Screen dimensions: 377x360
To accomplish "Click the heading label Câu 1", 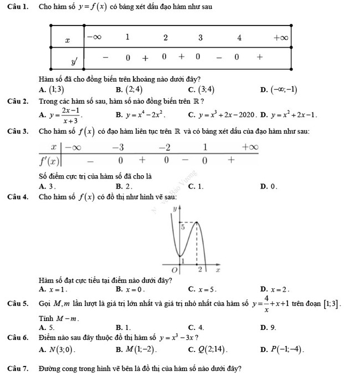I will coord(18,7).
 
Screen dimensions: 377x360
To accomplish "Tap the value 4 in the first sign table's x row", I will coord(239,38).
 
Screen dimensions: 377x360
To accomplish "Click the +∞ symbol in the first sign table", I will coord(281,38).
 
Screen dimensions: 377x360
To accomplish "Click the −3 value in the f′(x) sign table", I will coord(117,147).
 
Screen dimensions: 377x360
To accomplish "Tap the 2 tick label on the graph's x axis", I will coord(200,269).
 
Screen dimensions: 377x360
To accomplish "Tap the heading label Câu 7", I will coord(18,369).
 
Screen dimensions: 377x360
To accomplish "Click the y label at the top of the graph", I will coord(175,210).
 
